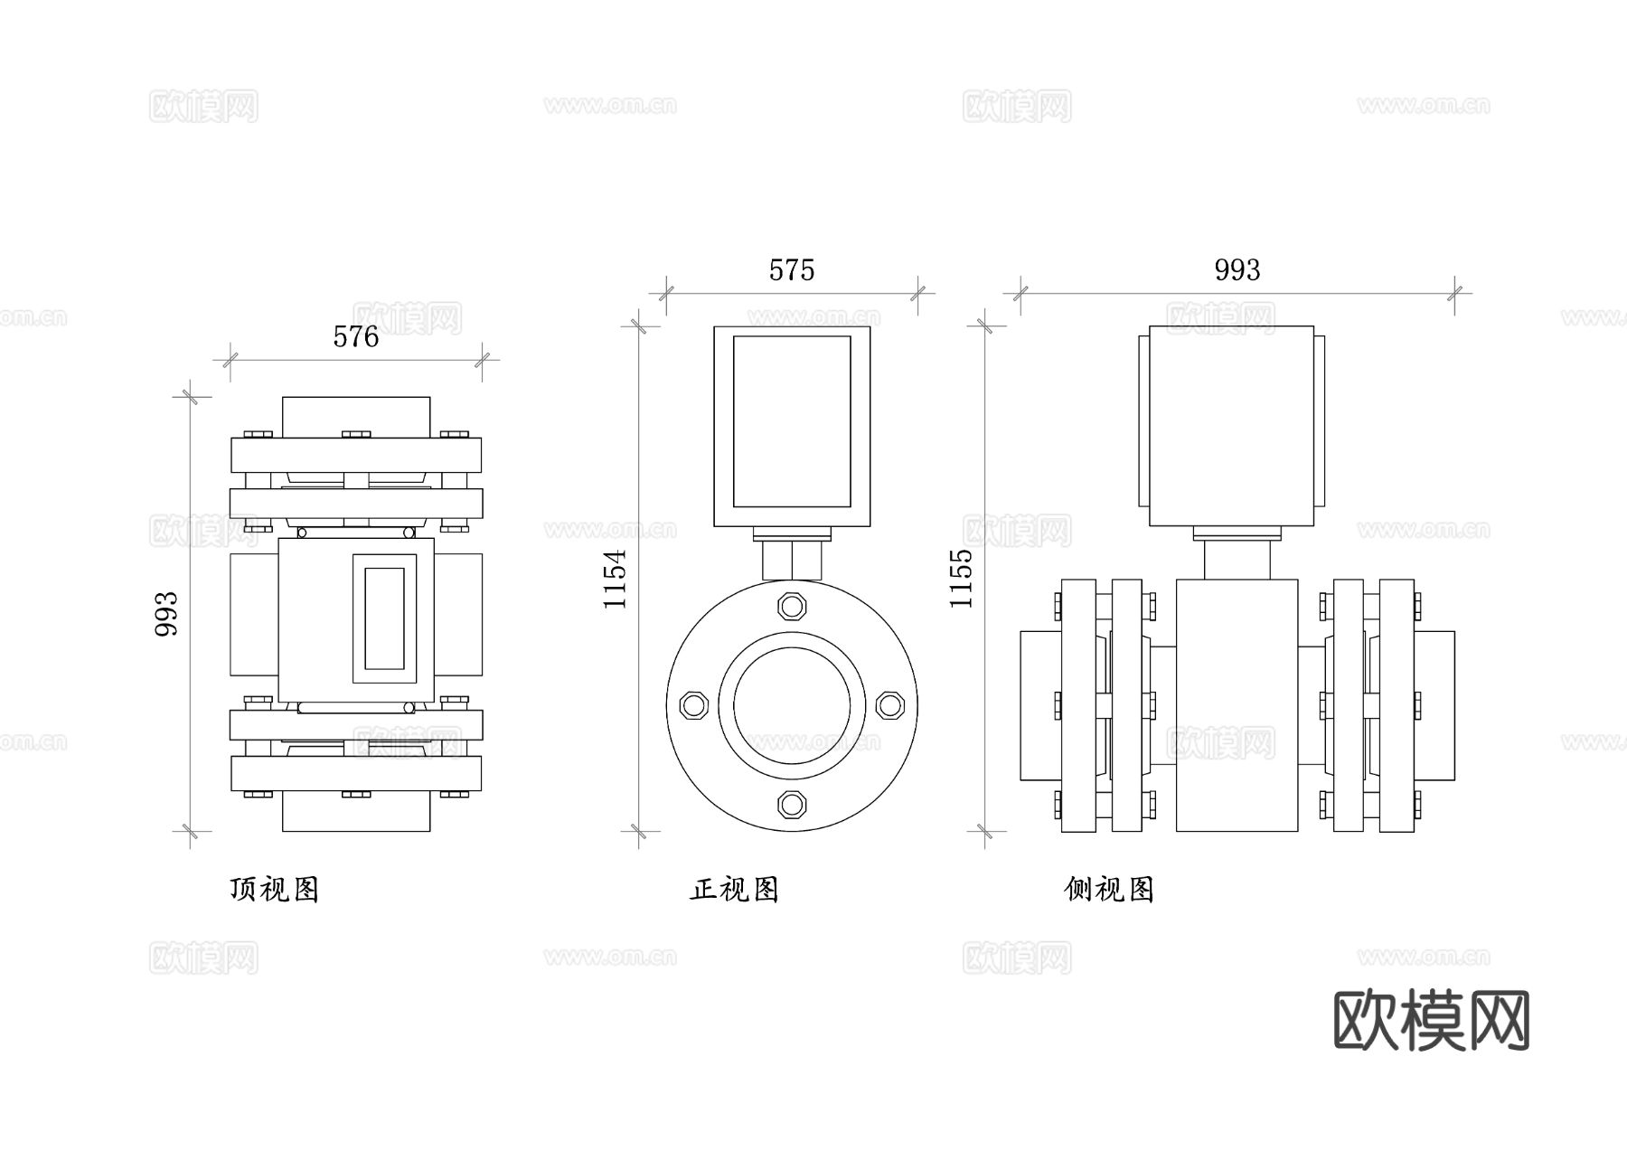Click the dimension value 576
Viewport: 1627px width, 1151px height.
click(355, 337)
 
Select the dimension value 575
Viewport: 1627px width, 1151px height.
click(792, 270)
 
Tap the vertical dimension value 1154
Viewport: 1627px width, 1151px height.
click(616, 579)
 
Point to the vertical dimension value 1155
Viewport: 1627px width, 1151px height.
click(962, 579)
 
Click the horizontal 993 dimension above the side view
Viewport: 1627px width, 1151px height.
click(1237, 270)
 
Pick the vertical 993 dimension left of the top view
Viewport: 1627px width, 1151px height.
click(167, 614)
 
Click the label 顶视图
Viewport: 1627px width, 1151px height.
click(275, 890)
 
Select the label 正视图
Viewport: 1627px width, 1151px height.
click(734, 890)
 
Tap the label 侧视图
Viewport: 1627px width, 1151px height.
click(1109, 890)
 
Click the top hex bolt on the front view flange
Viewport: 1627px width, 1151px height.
click(792, 605)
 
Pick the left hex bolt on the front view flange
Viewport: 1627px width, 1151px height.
click(693, 705)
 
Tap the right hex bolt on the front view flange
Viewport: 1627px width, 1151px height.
click(889, 705)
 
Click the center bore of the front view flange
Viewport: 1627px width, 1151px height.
click(792, 705)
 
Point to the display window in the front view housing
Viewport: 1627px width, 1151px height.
click(792, 421)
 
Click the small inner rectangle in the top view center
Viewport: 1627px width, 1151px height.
click(384, 618)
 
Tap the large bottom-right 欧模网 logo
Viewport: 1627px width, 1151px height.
click(1432, 1020)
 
